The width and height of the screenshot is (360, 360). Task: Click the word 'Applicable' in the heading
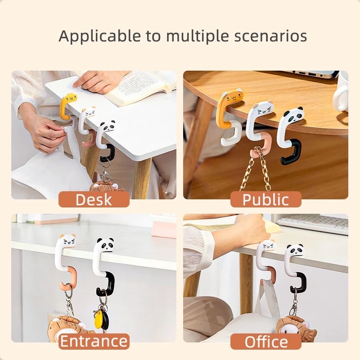pyautogui.click(x=99, y=36)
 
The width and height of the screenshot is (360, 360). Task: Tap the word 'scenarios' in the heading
pyautogui.click(x=270, y=36)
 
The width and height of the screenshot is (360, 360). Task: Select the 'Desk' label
pyautogui.click(x=94, y=199)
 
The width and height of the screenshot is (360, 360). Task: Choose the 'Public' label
pyautogui.click(x=265, y=199)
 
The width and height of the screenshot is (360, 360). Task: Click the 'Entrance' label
pyautogui.click(x=94, y=341)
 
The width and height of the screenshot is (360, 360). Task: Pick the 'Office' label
pyautogui.click(x=266, y=342)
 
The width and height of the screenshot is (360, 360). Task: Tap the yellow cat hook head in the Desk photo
pyautogui.click(x=70, y=99)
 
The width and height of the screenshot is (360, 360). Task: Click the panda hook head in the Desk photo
pyautogui.click(x=107, y=126)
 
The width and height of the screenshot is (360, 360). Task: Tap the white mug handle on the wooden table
pyautogui.click(x=338, y=101)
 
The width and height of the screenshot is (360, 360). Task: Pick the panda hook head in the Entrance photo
pyautogui.click(x=105, y=244)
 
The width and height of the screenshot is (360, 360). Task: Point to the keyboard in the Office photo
pyautogui.click(x=313, y=222)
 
